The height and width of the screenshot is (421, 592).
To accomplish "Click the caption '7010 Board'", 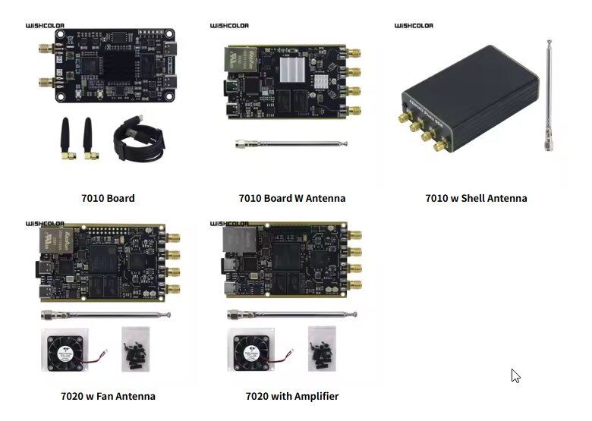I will [x=108, y=198].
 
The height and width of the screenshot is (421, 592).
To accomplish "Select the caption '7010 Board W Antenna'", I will [x=291, y=198].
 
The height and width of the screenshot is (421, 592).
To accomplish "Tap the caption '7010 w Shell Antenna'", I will [x=476, y=198].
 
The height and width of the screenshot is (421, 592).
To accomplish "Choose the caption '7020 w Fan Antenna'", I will [x=108, y=396].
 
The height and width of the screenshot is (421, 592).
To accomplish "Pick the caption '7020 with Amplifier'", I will [x=291, y=396].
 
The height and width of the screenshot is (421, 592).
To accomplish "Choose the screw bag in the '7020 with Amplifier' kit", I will [x=322, y=349].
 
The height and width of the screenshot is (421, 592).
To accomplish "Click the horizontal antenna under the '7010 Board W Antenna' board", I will [x=291, y=143].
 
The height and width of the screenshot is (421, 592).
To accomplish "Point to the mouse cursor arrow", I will [x=515, y=375].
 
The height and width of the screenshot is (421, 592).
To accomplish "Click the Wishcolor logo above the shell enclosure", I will [x=414, y=26].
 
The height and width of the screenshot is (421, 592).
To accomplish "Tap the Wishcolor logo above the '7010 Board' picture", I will [x=45, y=26].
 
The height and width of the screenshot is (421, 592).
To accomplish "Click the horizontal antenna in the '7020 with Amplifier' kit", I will [x=291, y=313].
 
